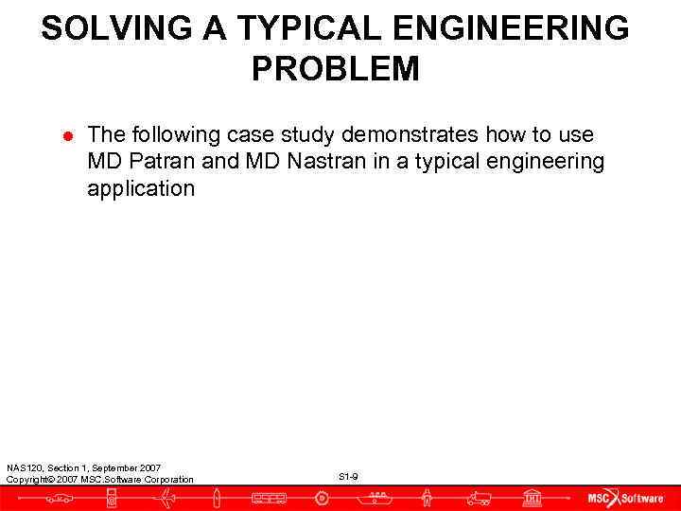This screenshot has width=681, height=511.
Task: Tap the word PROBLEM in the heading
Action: (335, 69)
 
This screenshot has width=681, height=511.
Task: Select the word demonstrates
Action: (410, 135)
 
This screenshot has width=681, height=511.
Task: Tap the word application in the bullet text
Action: (141, 188)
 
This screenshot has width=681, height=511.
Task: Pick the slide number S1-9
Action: (348, 476)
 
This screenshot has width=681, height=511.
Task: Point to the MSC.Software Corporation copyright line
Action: (99, 480)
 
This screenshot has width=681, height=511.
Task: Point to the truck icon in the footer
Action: (480, 498)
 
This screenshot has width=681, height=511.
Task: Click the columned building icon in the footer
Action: (533, 498)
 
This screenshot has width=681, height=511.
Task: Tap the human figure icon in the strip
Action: (428, 498)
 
